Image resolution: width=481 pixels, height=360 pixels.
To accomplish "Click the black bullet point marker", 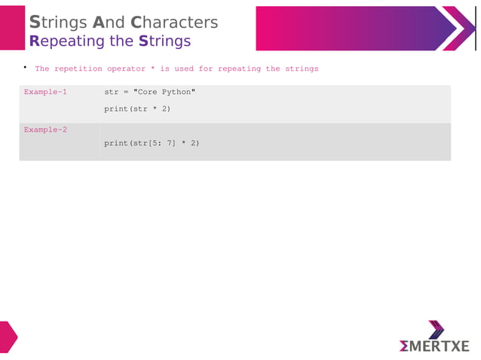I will (x=24, y=68).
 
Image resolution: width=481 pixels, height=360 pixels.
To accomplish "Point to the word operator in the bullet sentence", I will (x=125, y=69).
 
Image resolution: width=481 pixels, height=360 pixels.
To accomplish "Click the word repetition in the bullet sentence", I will (x=78, y=69).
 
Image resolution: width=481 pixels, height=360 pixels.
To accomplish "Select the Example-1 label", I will (x=45, y=92).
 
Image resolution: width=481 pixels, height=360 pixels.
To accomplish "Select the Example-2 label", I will (x=45, y=130).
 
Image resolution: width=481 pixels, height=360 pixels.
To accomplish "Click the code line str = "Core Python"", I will (x=149, y=92).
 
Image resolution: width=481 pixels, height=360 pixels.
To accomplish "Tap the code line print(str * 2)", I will (x=137, y=109).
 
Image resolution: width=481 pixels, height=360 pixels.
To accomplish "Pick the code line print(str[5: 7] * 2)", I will (x=151, y=143).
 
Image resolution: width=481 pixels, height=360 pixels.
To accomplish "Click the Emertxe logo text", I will (x=434, y=346).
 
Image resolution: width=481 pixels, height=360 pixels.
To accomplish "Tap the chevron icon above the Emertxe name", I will (x=436, y=328).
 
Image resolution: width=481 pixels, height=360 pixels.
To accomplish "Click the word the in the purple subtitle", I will (x=123, y=41).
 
